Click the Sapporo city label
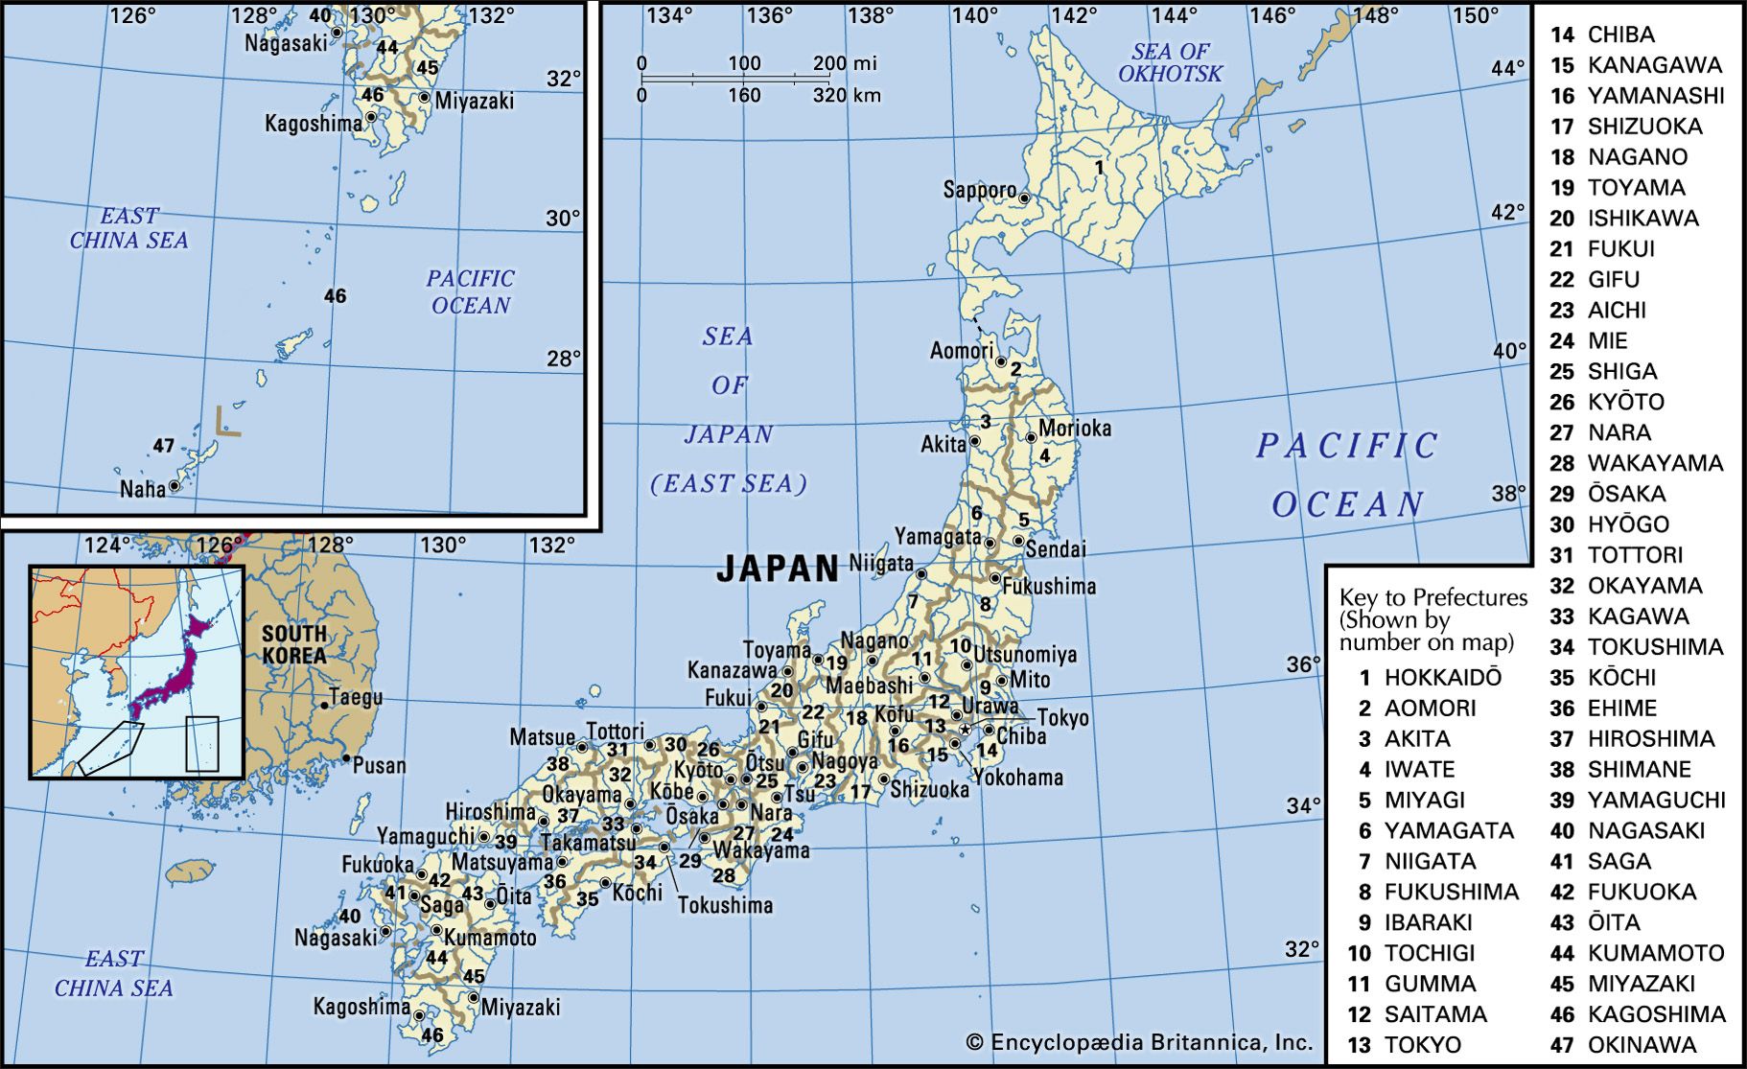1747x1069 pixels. pyautogui.click(x=979, y=189)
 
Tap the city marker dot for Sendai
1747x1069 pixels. pyautogui.click(x=1018, y=542)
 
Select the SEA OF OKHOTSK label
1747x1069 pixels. pyautogui.click(x=1170, y=62)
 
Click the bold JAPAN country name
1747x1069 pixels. pyautogui.click(x=778, y=569)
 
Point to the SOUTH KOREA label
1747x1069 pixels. pyautogui.click(x=294, y=644)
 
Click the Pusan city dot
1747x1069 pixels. pyautogui.click(x=346, y=758)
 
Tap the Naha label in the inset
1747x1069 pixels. pyautogui.click(x=142, y=489)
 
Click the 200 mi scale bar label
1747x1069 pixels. pyautogui.click(x=845, y=63)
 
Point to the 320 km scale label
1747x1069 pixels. pyautogui.click(x=847, y=95)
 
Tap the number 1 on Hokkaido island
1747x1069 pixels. pyautogui.click(x=1099, y=167)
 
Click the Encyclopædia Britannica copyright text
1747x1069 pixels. pyautogui.click(x=1139, y=1042)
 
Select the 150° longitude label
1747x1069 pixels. pyautogui.click(x=1475, y=15)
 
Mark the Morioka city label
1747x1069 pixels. pyautogui.click(x=1075, y=428)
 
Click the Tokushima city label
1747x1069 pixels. pyautogui.click(x=725, y=904)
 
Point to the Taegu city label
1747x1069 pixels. pyautogui.click(x=355, y=697)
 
